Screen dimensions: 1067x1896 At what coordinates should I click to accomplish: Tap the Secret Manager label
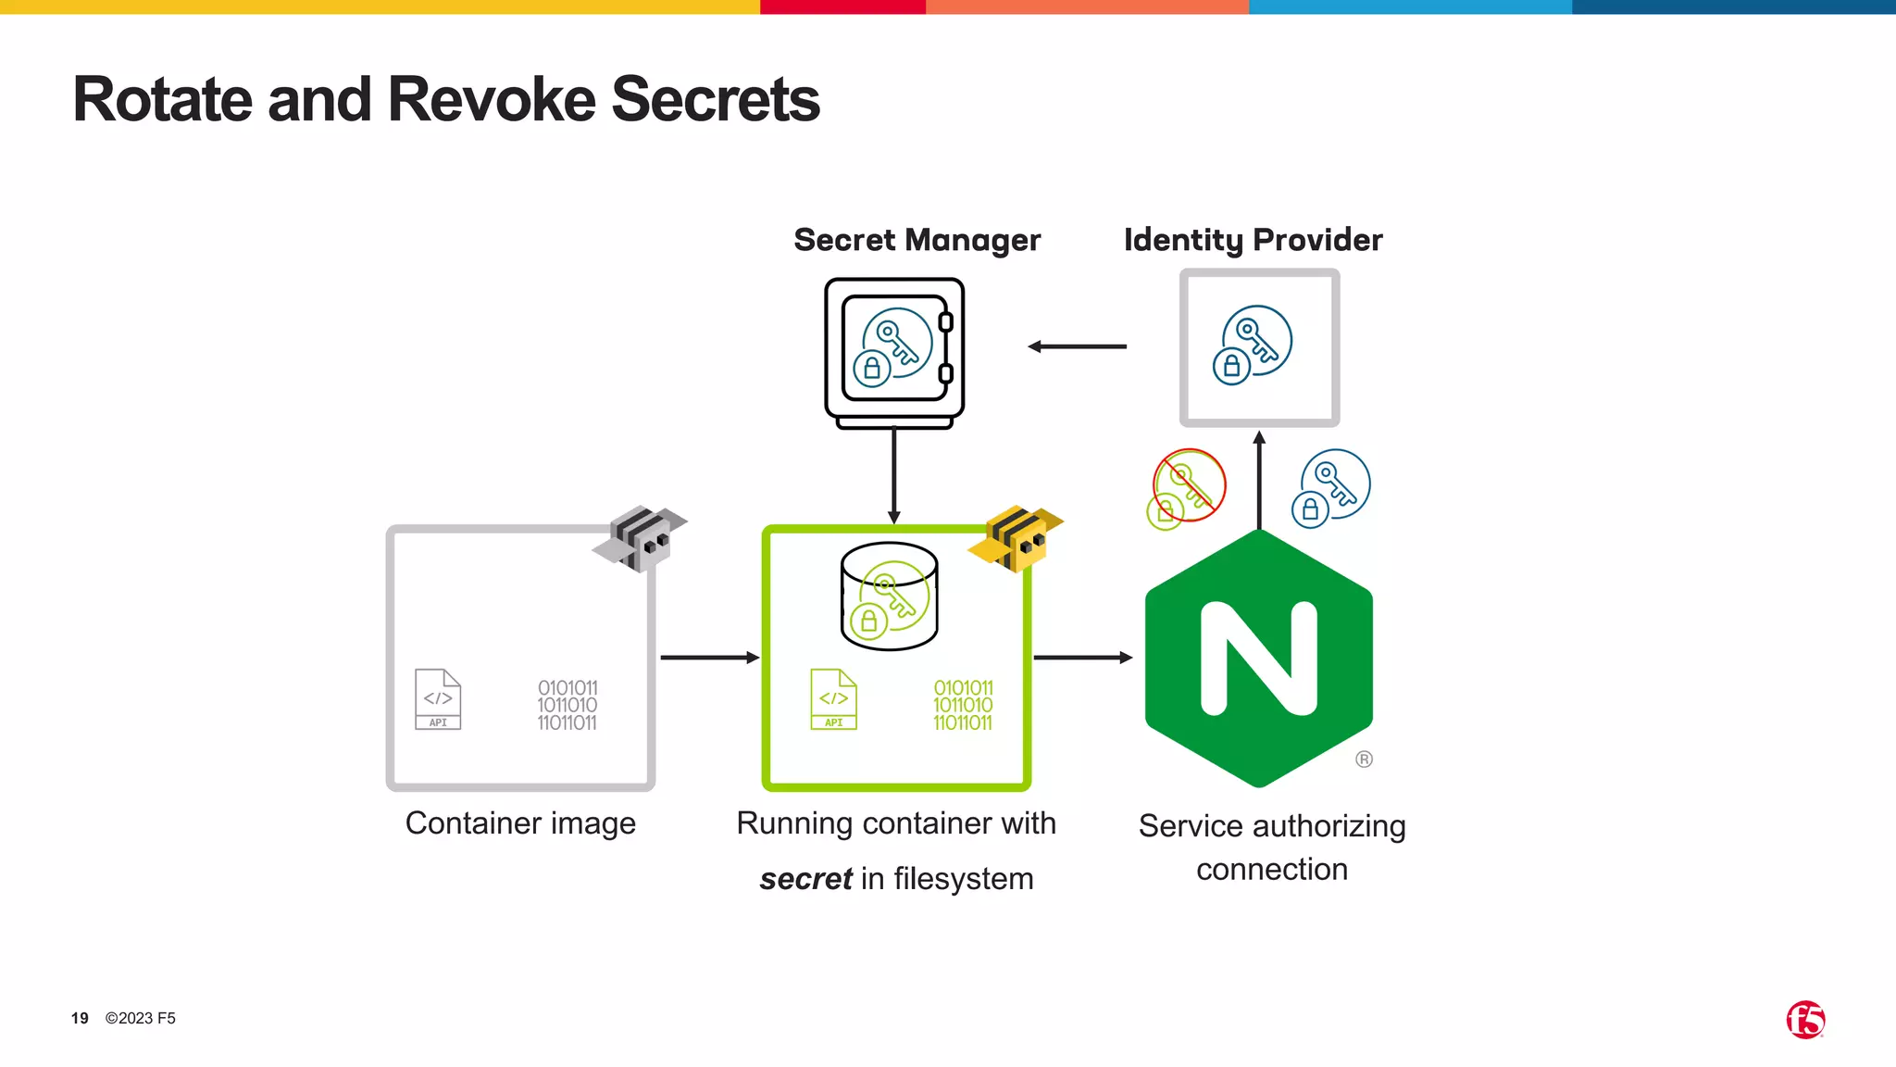click(917, 240)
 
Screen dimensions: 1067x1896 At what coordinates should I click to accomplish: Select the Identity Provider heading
click(1253, 240)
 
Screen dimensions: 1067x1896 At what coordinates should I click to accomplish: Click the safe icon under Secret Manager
click(894, 352)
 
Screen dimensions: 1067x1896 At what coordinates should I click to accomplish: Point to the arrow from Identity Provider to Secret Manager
click(1077, 346)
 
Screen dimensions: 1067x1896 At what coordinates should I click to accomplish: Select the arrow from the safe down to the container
click(893, 475)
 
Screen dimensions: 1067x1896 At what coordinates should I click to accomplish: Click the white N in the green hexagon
click(1258, 659)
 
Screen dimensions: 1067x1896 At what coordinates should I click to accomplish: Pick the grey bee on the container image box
click(641, 538)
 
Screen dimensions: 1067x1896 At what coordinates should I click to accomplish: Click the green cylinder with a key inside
click(889, 596)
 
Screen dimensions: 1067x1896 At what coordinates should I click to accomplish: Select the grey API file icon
click(438, 699)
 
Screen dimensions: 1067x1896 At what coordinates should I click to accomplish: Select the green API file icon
click(833, 699)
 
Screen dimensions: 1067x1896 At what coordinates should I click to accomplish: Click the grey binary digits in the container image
click(568, 705)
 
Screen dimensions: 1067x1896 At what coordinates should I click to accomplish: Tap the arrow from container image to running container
click(709, 658)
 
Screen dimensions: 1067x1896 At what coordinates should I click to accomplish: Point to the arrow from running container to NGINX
click(1082, 658)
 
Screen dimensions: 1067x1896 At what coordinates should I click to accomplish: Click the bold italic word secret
click(805, 878)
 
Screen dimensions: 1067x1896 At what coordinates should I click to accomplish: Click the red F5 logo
click(1805, 1020)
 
